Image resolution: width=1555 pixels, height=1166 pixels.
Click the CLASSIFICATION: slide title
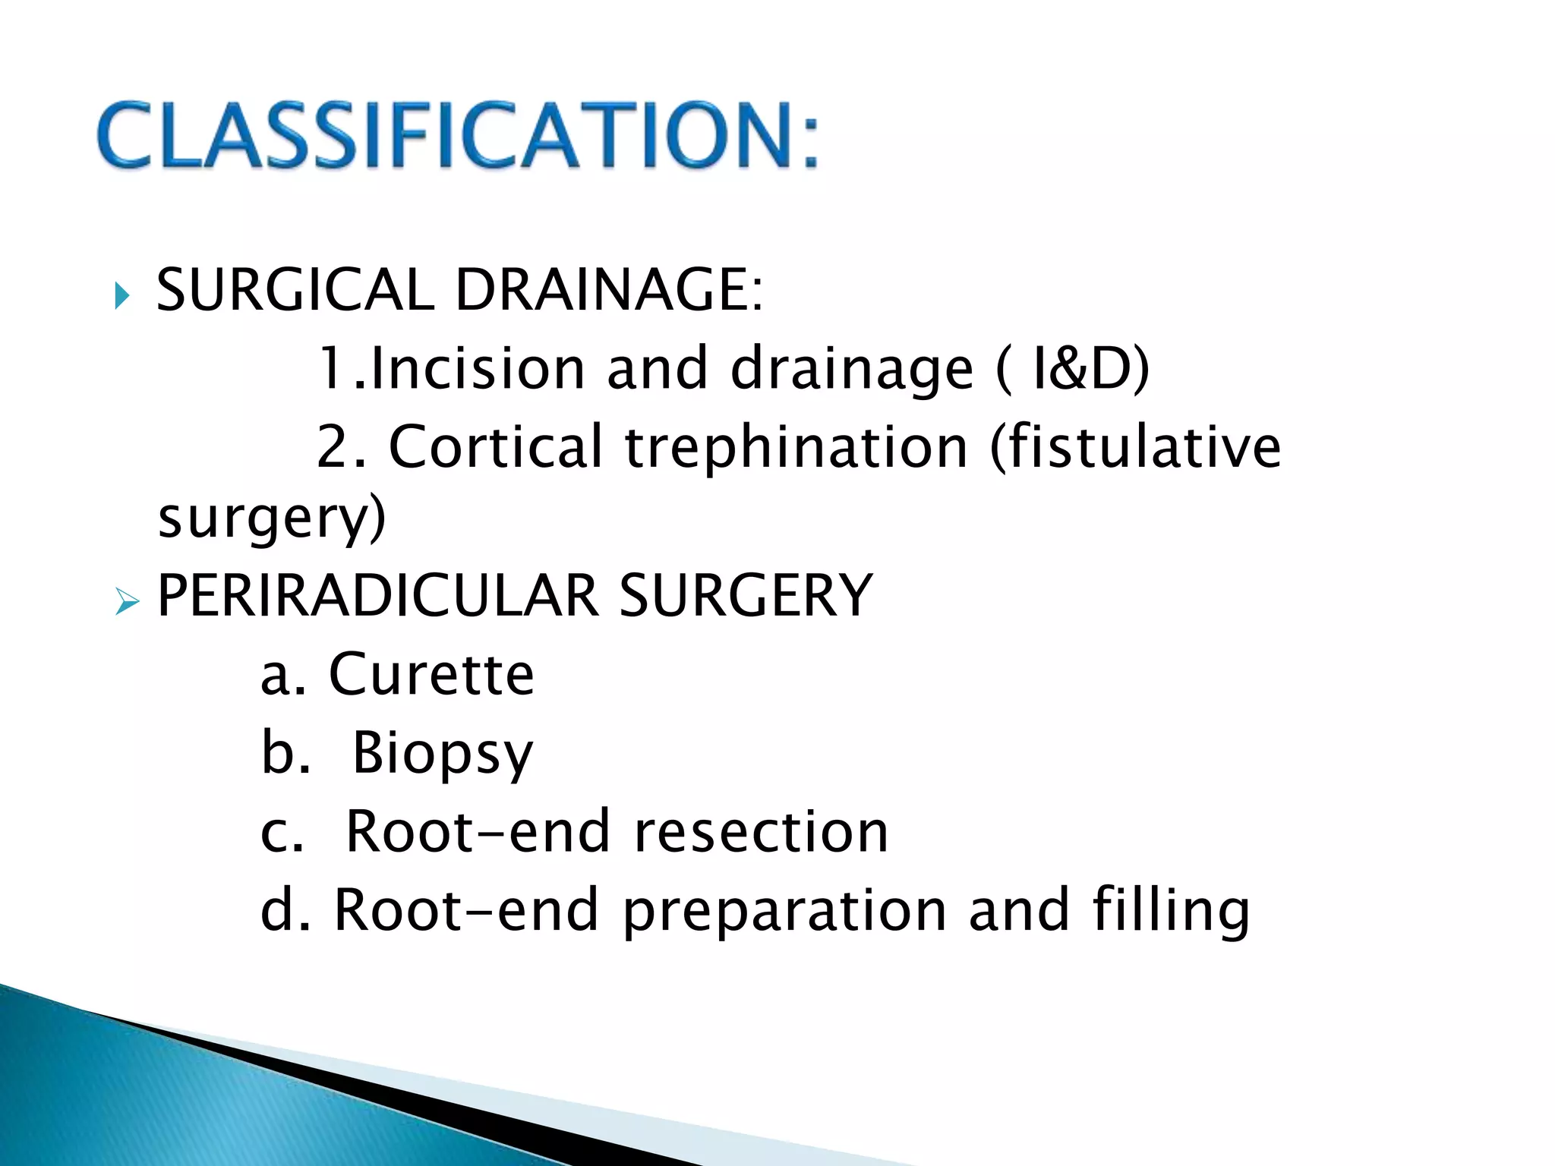[458, 135]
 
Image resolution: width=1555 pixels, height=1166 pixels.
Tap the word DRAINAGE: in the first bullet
[608, 290]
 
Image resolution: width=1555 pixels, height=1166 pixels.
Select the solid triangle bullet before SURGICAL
[122, 295]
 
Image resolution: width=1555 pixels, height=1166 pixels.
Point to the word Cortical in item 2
[495, 446]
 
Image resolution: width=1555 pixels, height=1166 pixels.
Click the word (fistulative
[1135, 446]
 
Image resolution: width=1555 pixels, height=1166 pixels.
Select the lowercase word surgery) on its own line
[272, 519]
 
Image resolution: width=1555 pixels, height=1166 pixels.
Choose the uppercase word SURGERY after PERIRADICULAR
[746, 595]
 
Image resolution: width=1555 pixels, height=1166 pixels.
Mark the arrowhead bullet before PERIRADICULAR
[126, 603]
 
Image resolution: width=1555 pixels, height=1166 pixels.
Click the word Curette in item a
[431, 674]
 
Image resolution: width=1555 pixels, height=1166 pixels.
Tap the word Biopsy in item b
[443, 755]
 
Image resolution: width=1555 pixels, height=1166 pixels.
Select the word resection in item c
[761, 832]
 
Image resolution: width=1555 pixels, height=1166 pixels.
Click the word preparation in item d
[784, 911]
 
